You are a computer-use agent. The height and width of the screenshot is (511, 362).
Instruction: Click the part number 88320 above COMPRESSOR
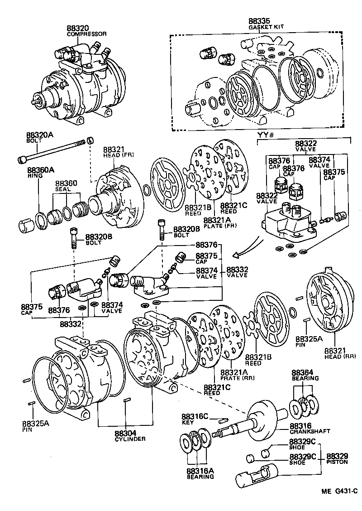pos(78,29)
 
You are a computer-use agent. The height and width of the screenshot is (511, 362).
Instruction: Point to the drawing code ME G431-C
pos(340,492)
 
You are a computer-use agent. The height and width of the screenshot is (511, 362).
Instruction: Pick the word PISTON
pos(337,462)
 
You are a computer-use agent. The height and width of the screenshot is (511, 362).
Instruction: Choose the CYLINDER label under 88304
pos(129,439)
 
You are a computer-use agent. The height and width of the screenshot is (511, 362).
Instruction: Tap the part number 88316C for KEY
pos(195,417)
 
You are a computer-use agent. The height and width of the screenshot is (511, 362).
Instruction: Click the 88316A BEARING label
pos(200,474)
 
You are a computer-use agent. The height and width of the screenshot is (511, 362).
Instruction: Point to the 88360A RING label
pos(40,173)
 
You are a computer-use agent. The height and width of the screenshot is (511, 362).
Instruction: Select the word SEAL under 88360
pos(61,189)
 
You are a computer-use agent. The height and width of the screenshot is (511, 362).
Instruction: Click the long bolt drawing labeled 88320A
pos(52,152)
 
